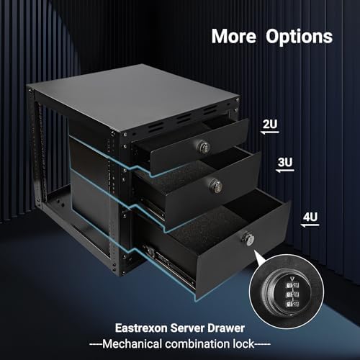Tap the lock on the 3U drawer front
click(214, 184)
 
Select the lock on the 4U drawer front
click(248, 238)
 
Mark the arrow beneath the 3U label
click(285, 173)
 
